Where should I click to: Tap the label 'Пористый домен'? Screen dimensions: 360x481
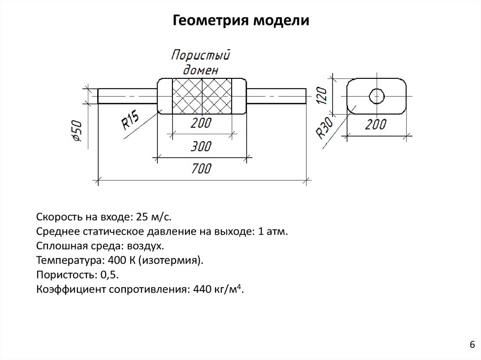click(201, 62)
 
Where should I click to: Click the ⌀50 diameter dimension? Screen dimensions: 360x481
click(78, 131)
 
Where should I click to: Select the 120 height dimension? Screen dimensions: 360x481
click(321, 95)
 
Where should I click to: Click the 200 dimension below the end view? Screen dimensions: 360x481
click(375, 124)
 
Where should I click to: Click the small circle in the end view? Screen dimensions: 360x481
click(377, 96)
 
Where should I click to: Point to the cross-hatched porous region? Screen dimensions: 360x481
click(202, 96)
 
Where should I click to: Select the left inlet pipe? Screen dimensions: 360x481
click(127, 96)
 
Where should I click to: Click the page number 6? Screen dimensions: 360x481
click(472, 345)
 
